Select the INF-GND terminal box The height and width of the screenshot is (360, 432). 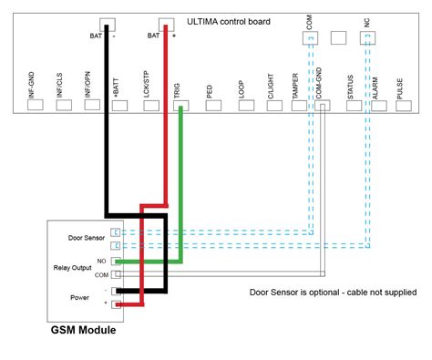35,105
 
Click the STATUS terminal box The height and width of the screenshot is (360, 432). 352,105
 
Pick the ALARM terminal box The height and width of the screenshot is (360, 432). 380,105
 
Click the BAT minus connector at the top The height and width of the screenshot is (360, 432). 108,28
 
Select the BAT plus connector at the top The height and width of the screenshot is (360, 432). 165,28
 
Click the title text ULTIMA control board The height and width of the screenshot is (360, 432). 228,21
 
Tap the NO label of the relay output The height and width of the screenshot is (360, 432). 101,262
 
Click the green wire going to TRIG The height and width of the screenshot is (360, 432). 181,182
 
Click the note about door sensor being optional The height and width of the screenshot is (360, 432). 333,293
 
